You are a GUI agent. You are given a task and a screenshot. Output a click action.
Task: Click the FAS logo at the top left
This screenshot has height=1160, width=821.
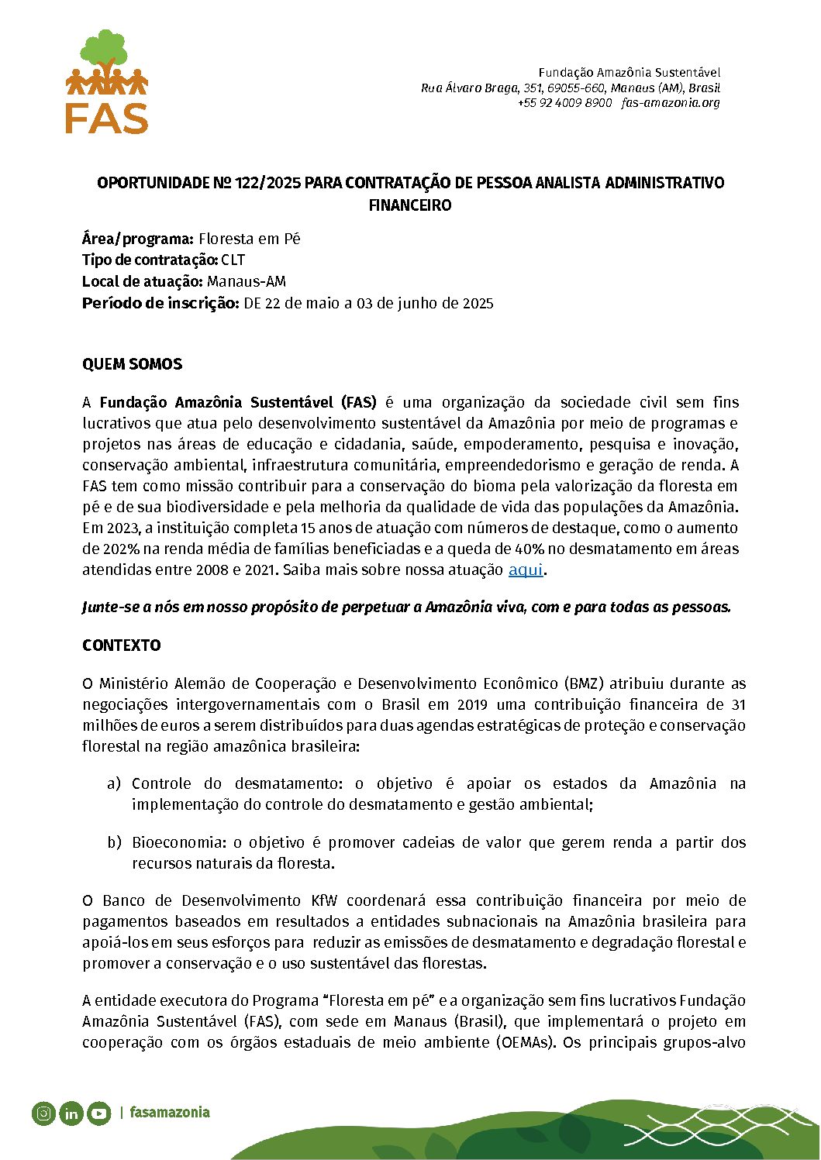107,82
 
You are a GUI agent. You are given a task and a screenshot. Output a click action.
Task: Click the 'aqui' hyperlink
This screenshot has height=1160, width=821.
525,570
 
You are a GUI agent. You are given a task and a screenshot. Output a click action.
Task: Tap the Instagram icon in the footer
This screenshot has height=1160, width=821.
44,1114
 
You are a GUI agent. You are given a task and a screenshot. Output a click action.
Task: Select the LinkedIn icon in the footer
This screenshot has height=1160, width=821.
71,1114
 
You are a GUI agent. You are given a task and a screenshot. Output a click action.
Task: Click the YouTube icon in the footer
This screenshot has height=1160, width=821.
98,1114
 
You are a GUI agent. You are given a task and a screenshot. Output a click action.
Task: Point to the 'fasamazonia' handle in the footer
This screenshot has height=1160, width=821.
170,1113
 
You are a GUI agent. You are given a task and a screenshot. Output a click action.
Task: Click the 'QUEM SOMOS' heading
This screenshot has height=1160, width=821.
132,364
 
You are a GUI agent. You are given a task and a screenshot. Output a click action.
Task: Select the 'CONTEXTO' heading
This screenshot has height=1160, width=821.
122,645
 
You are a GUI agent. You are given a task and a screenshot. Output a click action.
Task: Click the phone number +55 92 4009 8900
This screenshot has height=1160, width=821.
564,103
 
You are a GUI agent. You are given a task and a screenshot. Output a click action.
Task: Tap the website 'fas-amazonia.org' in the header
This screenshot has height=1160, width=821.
671,103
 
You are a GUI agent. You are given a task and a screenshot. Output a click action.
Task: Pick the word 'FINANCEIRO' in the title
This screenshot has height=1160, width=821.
410,205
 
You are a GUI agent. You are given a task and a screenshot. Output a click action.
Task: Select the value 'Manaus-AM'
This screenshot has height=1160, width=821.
247,282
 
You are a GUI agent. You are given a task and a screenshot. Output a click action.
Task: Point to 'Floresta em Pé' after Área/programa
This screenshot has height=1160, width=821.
249,239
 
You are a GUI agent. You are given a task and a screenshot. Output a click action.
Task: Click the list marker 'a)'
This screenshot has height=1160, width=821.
114,783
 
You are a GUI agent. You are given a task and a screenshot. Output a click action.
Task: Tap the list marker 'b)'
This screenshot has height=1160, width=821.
114,842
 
